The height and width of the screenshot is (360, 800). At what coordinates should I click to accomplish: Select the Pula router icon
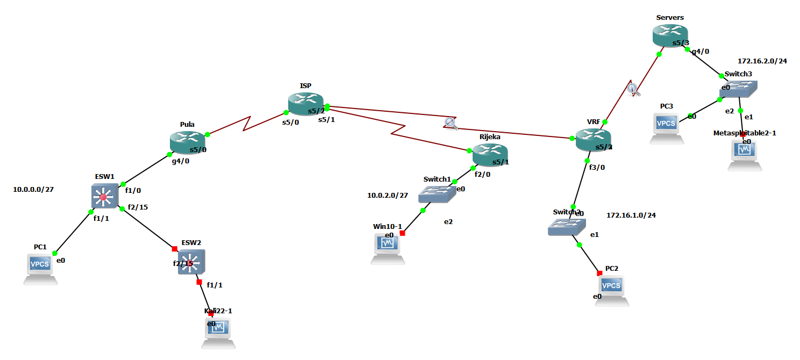[188, 142]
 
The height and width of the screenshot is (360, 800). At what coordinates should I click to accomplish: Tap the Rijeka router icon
[490, 155]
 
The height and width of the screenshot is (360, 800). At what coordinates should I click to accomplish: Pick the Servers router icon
[670, 35]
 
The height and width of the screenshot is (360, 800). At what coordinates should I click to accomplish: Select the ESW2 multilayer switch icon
[191, 262]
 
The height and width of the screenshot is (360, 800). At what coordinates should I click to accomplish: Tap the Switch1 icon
[437, 194]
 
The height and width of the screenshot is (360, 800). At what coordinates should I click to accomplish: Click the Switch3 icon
[739, 89]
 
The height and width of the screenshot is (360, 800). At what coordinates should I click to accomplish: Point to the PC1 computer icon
[41, 267]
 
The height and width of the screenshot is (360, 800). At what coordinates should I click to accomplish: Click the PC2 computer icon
[611, 289]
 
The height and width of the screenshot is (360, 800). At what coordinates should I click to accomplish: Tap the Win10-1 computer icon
[388, 247]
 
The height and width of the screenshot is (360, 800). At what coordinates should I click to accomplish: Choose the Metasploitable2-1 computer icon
[745, 153]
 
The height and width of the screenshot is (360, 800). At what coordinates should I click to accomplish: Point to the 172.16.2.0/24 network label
[762, 61]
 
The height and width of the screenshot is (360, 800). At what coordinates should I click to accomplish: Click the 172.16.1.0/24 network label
[631, 215]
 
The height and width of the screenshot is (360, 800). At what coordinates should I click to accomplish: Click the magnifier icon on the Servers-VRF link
[634, 89]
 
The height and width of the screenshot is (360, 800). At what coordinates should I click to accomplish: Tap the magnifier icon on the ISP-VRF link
[451, 124]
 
